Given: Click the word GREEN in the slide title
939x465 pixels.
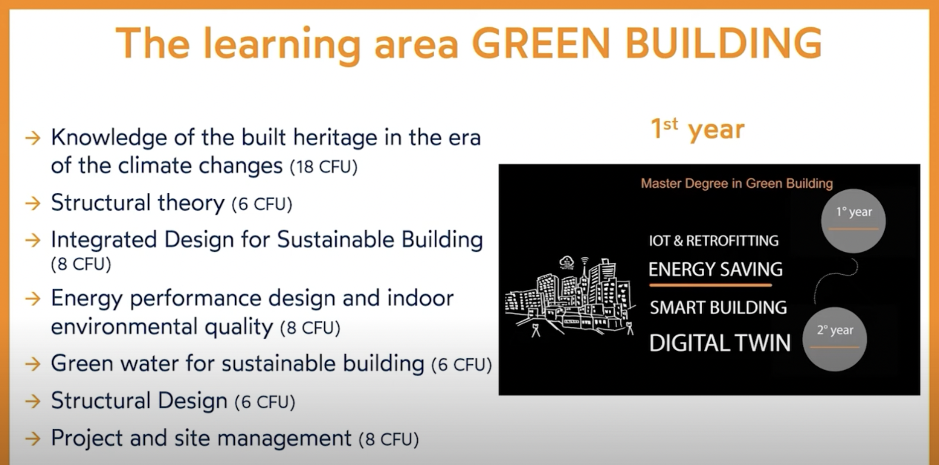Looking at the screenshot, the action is click(x=541, y=44).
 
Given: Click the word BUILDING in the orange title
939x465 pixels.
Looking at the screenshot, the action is click(x=724, y=44).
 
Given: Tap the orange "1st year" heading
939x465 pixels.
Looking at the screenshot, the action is click(x=697, y=129).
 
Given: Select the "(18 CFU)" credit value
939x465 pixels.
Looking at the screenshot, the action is click(x=324, y=167).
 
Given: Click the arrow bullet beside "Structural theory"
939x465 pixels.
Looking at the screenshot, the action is click(x=33, y=203).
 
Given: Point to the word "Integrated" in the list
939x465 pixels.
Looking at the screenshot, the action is click(x=104, y=240).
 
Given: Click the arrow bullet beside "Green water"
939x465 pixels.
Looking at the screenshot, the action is click(x=33, y=364).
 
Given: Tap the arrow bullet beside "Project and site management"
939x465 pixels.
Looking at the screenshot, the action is click(x=33, y=439).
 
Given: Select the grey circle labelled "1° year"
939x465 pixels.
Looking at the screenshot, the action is click(x=853, y=221).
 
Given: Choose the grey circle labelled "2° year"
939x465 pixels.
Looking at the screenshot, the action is click(x=835, y=339).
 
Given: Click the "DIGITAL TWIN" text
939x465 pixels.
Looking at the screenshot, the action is click(x=720, y=343).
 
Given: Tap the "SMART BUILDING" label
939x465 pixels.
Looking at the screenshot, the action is click(x=718, y=308).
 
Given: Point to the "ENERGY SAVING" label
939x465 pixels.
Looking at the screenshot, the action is click(x=715, y=269).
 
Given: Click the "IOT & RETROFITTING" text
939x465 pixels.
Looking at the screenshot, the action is click(x=714, y=241).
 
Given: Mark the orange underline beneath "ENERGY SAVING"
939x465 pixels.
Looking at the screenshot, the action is click(x=710, y=285).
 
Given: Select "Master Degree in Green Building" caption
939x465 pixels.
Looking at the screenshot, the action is click(x=737, y=184).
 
